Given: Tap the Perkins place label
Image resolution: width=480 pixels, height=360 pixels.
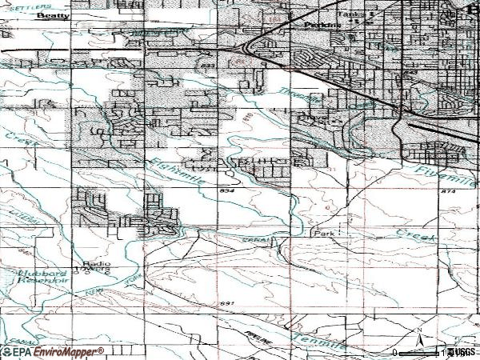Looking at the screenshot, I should coord(323,25).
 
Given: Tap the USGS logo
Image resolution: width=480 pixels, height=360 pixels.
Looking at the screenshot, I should coord(462,352).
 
